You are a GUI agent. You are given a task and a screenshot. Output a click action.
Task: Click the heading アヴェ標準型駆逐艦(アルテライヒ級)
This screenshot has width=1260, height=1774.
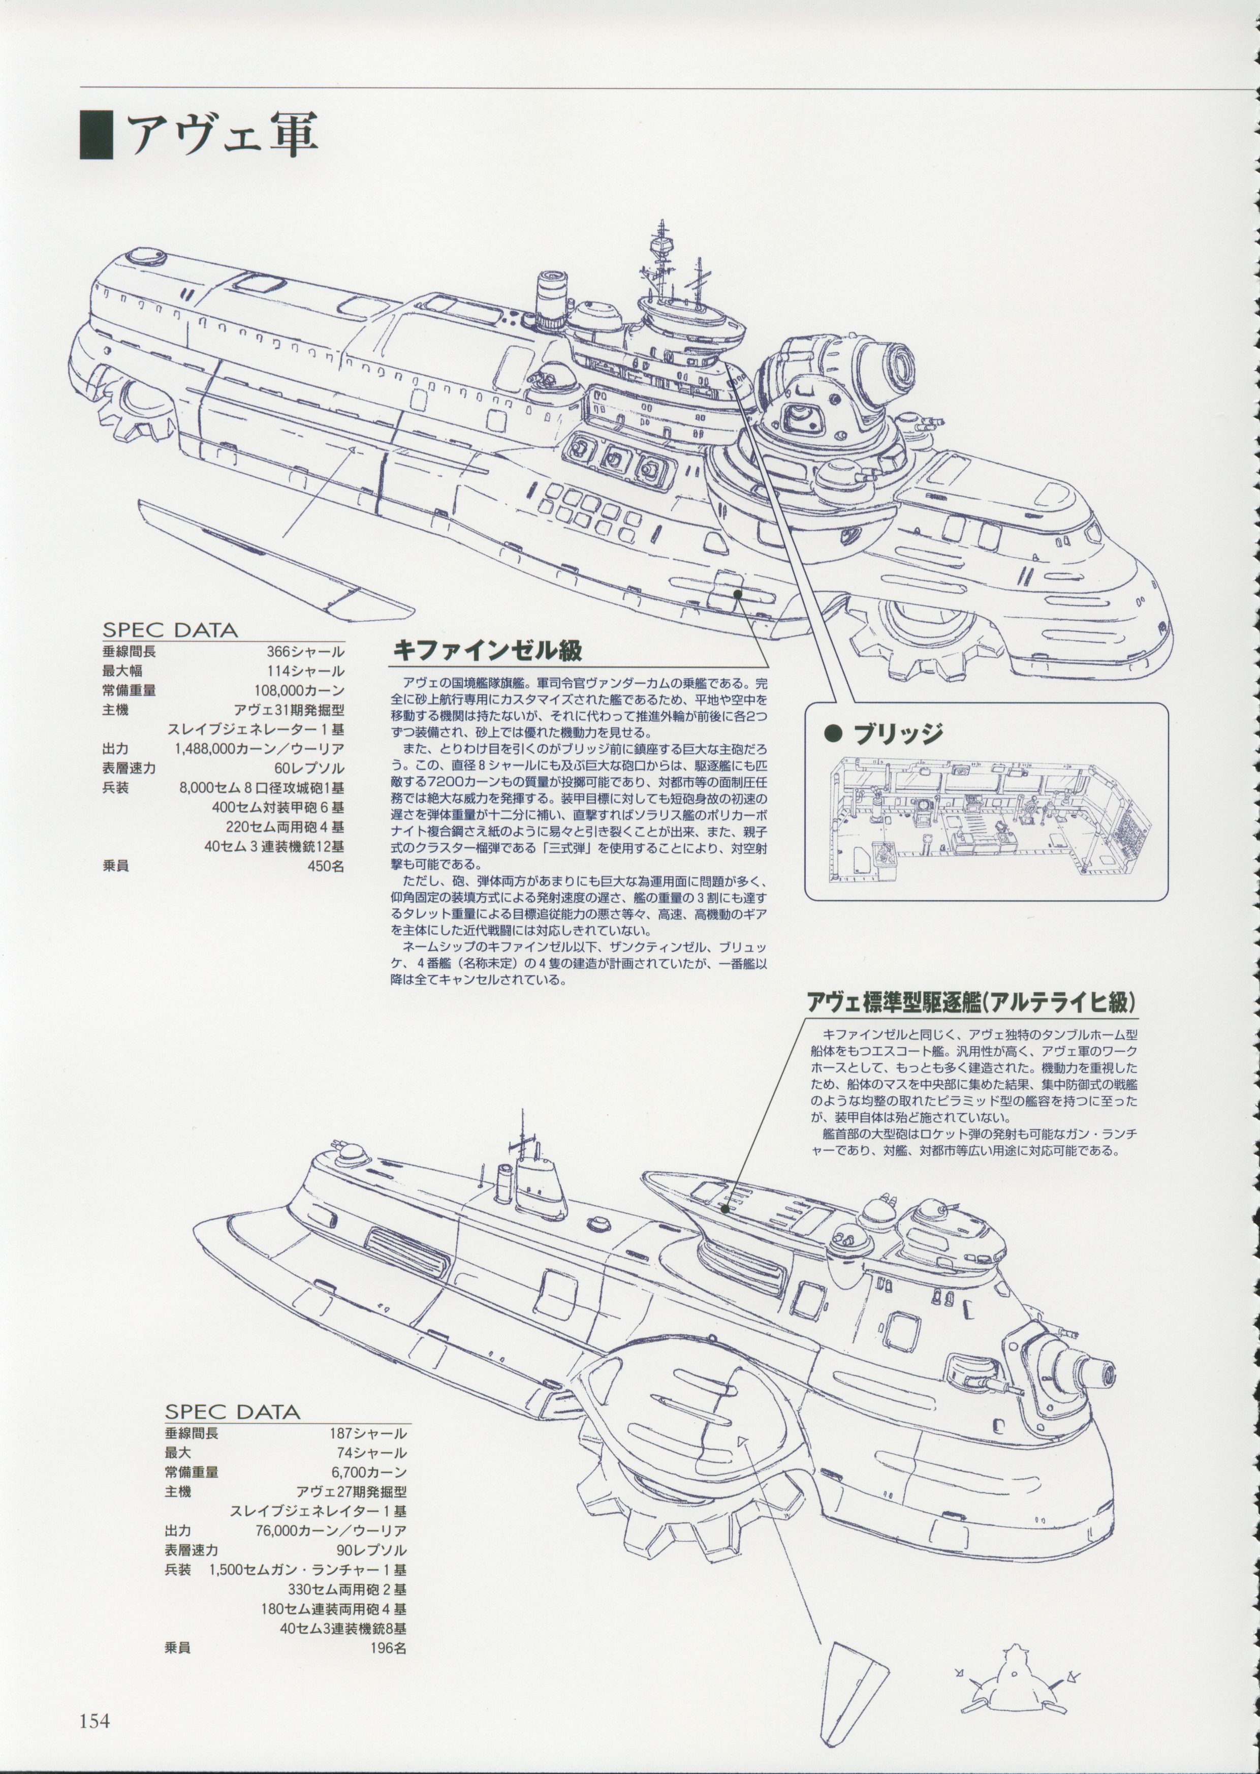pyautogui.click(x=971, y=1002)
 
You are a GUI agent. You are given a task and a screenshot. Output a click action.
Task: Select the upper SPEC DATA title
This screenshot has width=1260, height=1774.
pyautogui.click(x=169, y=629)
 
